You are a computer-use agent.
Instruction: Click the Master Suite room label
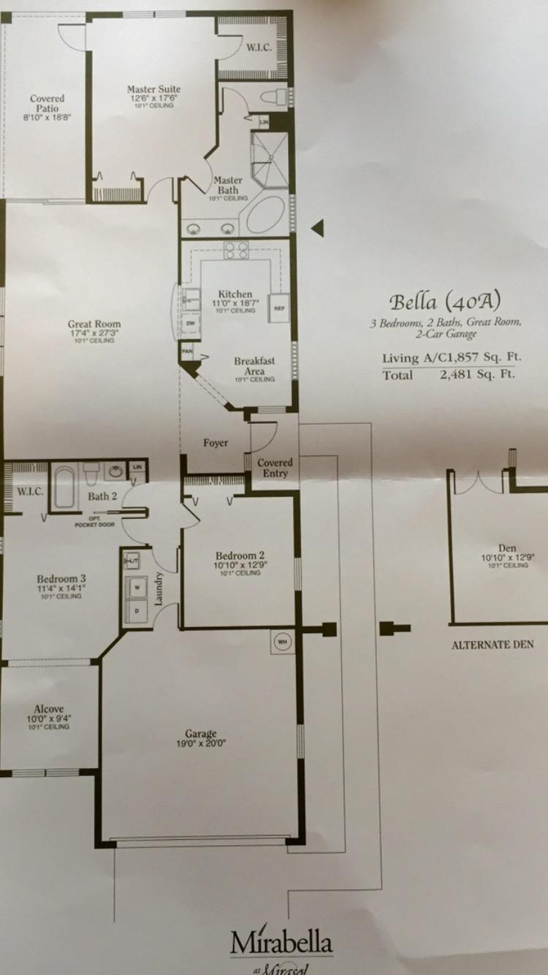pos(153,89)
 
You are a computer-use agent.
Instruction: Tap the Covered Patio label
pos(47,103)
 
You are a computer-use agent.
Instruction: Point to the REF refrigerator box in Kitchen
pos(279,308)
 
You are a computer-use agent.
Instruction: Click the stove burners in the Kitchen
pos(236,250)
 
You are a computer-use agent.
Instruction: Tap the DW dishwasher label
pos(191,323)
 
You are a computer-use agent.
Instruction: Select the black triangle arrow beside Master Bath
pos(316,229)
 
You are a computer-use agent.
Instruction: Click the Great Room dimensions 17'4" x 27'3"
pos(94,333)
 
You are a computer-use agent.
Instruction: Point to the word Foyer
pos(216,443)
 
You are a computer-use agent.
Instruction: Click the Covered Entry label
pos(275,468)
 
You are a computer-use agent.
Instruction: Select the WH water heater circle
pos(281,642)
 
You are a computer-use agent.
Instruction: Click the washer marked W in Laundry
pos(136,587)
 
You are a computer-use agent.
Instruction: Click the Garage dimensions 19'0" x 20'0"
pos(201,744)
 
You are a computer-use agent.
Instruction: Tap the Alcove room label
pos(48,708)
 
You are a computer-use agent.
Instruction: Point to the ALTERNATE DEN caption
pos(492,645)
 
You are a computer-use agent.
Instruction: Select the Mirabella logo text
pos(281,943)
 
